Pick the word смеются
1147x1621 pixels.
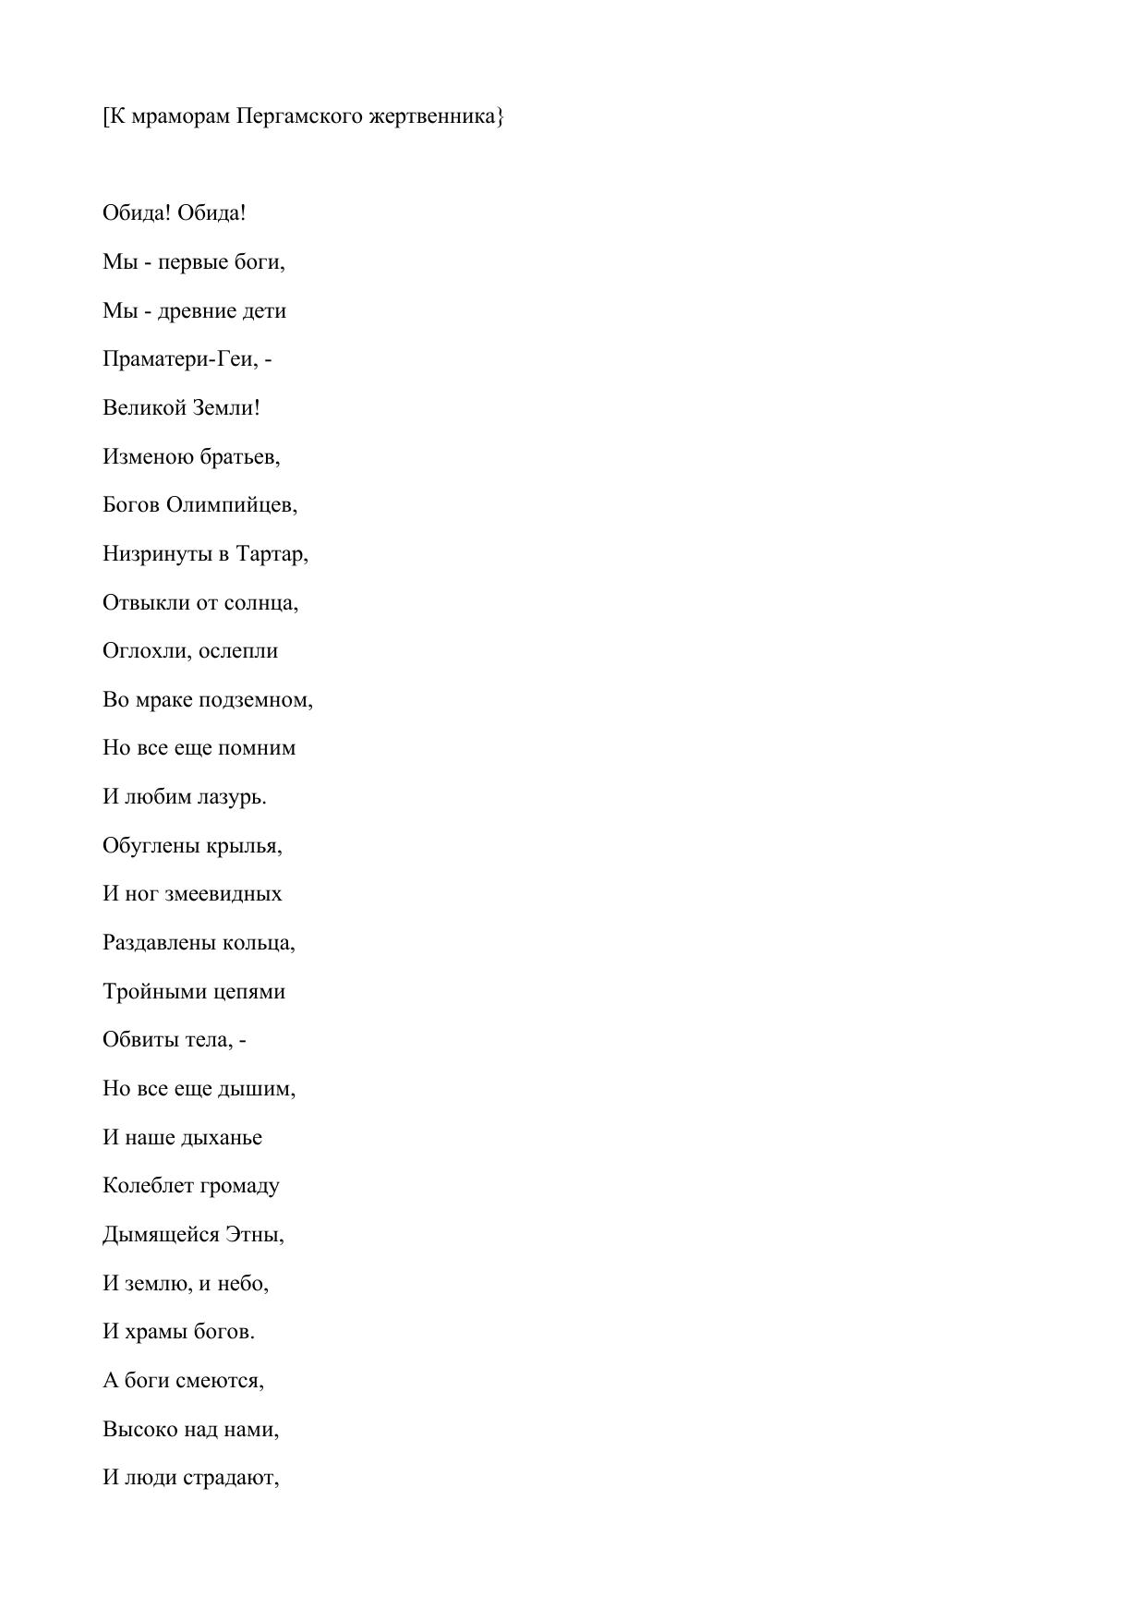[220, 1381]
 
